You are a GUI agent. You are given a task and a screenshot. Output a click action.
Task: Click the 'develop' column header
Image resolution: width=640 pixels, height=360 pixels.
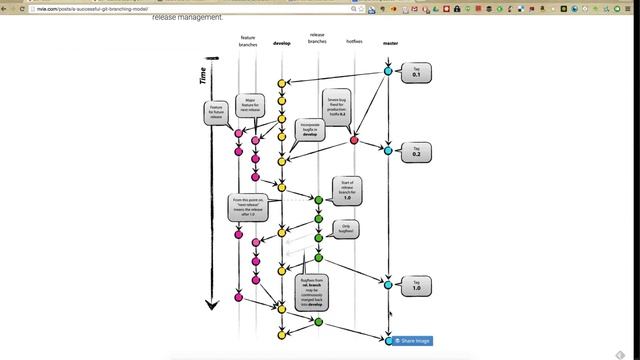point(281,44)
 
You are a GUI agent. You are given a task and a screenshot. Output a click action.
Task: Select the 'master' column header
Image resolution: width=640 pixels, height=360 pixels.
point(389,44)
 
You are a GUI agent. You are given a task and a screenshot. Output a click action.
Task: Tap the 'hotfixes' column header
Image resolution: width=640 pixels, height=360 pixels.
point(353,43)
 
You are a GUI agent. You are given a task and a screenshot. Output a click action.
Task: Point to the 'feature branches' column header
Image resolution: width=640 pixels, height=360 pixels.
point(247,41)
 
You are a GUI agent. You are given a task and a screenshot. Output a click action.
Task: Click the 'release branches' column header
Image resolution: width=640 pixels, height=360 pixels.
point(317,41)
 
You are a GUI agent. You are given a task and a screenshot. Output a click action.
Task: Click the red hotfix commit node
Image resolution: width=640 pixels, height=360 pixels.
point(353,140)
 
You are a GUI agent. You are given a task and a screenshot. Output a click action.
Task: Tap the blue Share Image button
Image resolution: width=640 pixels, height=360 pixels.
point(411,341)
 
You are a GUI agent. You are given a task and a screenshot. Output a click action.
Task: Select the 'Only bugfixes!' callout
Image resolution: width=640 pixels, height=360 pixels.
point(347,229)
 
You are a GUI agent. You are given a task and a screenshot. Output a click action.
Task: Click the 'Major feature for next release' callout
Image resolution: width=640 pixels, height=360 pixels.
point(250,105)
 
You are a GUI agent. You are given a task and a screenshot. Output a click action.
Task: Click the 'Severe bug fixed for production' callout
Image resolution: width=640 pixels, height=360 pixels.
point(337,106)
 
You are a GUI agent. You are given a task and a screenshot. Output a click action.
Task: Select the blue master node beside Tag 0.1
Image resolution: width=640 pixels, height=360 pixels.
point(389,70)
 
